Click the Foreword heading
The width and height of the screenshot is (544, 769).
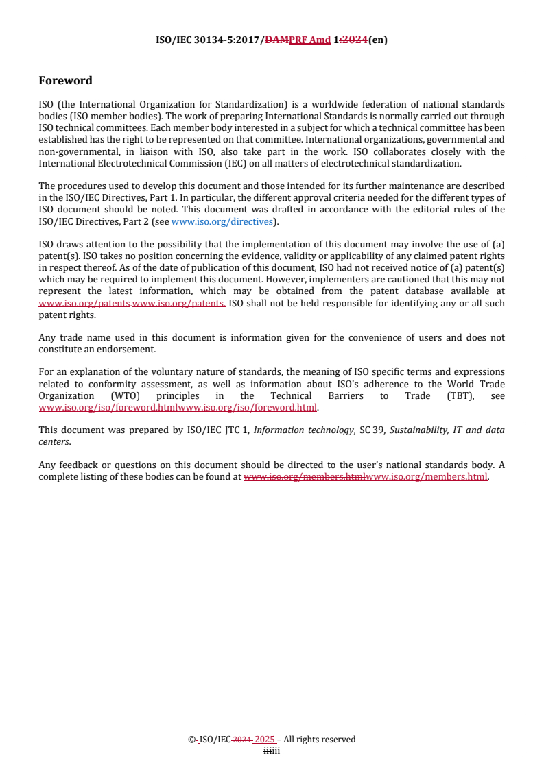pyautogui.click(x=65, y=80)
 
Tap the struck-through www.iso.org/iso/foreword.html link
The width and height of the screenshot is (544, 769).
pyautogui.click(x=108, y=407)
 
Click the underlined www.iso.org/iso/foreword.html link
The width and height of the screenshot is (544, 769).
pyautogui.click(x=247, y=407)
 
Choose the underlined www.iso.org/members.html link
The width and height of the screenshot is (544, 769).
pyautogui.click(x=426, y=477)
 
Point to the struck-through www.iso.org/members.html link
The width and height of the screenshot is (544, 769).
pyautogui.click(x=305, y=477)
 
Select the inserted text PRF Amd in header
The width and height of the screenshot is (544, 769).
pyautogui.click(x=309, y=40)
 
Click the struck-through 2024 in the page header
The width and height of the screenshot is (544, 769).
pyautogui.click(x=354, y=40)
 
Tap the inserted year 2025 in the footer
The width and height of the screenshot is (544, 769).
pyautogui.click(x=265, y=740)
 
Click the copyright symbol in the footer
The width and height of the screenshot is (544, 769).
pyautogui.click(x=191, y=740)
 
